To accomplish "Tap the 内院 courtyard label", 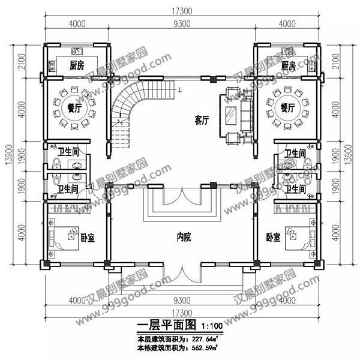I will pos(184,238).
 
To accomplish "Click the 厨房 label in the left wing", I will pos(76,65).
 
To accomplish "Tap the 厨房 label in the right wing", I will pos(289,65).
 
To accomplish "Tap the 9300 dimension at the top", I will pos(182,25).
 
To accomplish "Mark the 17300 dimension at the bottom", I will pos(182,313).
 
